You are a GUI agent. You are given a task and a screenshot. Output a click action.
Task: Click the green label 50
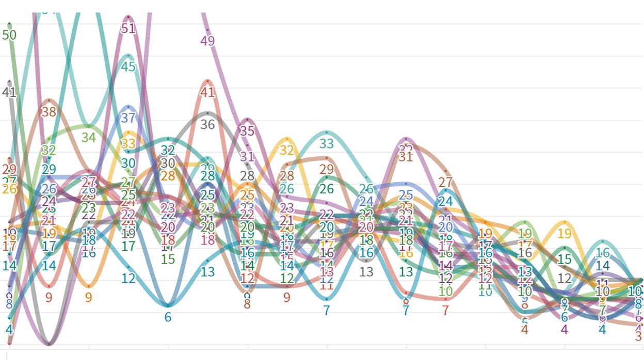click(x=9, y=35)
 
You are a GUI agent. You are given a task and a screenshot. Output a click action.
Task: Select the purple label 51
click(x=128, y=28)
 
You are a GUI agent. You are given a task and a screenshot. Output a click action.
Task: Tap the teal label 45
click(x=128, y=67)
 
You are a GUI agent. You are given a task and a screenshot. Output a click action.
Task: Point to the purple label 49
click(x=207, y=41)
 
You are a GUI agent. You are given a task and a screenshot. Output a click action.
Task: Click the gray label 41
click(x=9, y=93)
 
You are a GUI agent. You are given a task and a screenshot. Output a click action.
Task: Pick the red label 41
click(x=207, y=93)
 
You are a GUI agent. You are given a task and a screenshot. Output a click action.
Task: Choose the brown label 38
click(x=49, y=111)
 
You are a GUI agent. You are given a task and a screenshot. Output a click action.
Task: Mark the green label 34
click(x=88, y=138)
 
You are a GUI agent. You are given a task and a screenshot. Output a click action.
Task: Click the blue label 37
click(x=128, y=118)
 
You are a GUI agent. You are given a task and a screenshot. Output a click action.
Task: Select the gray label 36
click(x=207, y=125)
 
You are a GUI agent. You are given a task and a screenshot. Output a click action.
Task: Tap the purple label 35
click(x=247, y=131)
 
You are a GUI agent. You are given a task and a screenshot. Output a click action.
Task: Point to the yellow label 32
click(x=287, y=150)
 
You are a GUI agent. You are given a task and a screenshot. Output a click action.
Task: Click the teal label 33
click(x=327, y=144)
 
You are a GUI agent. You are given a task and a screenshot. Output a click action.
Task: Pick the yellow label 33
click(x=128, y=143)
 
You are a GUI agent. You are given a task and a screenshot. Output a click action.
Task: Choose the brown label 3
click(x=638, y=336)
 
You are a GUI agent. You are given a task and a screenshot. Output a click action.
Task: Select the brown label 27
click(x=445, y=182)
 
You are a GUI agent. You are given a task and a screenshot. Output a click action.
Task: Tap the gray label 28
click(x=247, y=176)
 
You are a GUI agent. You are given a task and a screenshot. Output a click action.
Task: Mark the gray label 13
click(x=366, y=272)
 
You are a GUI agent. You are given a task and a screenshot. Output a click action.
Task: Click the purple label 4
click(x=565, y=330)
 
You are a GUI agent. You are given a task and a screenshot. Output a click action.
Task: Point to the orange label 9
click(x=88, y=298)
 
